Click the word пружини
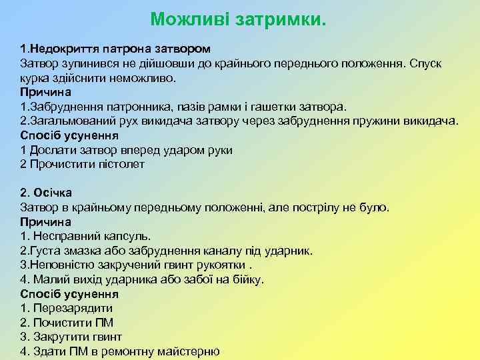[390, 121]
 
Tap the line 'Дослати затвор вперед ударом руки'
[127, 149]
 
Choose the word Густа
[44, 251]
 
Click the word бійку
[248, 279]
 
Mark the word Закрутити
[57, 337]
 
